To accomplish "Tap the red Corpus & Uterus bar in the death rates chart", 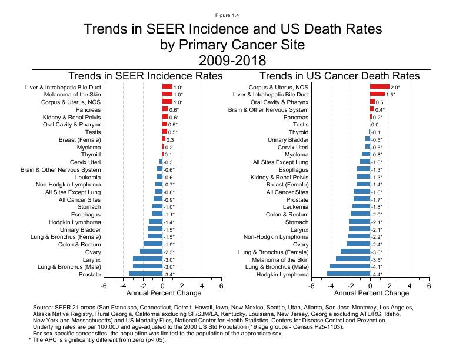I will pos(380,86).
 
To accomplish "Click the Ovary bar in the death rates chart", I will pos(358,244).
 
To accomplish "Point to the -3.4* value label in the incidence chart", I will pos(169,274).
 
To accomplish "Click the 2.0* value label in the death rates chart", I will pos(395,86).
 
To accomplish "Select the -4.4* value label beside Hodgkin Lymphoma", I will pos(378,274).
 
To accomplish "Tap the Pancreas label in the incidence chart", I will pos(88,109).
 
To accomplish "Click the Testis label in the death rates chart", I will pos(301,125).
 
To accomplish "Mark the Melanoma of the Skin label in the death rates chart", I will pos(280,259).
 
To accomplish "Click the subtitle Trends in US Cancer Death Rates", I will pos(339,76).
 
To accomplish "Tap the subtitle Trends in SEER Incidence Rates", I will pos(146,76).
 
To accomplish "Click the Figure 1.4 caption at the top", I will pos(232,14).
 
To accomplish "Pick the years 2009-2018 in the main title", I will pos(232,60).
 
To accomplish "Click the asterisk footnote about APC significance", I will pos(97,340).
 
